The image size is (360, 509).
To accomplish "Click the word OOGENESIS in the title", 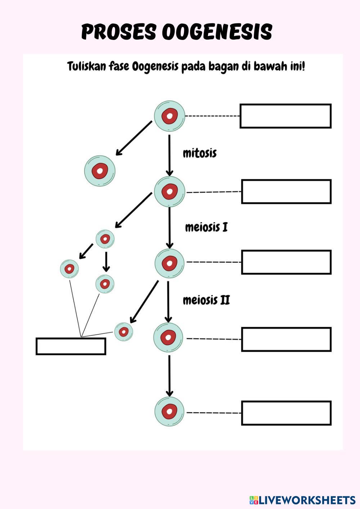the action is pyautogui.click(x=217, y=32).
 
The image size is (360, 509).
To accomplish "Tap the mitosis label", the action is pyautogui.click(x=200, y=153).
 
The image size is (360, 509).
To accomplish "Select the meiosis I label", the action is pyautogui.click(x=206, y=227).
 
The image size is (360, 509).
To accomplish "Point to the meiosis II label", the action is pyautogui.click(x=206, y=300).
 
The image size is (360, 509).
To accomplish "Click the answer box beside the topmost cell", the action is pyautogui.click(x=285, y=116).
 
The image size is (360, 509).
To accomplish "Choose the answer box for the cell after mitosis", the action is pyautogui.click(x=286, y=192).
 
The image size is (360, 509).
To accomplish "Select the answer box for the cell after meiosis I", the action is pyautogui.click(x=286, y=262).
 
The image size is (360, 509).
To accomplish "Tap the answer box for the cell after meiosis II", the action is pyautogui.click(x=286, y=339).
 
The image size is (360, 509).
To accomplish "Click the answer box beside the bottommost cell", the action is pyautogui.click(x=286, y=413).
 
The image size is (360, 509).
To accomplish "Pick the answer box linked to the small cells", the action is pyautogui.click(x=71, y=346).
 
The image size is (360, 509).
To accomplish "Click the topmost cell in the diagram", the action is pyautogui.click(x=170, y=116).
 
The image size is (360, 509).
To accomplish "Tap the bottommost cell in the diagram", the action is pyautogui.click(x=169, y=412).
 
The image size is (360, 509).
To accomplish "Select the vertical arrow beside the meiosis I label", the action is pyautogui.click(x=170, y=228).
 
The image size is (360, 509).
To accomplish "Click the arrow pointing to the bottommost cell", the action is pyautogui.click(x=170, y=375).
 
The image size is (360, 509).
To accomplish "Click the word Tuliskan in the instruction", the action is pyautogui.click(x=86, y=67).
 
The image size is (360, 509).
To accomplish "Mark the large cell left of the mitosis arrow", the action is pyautogui.click(x=100, y=171).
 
